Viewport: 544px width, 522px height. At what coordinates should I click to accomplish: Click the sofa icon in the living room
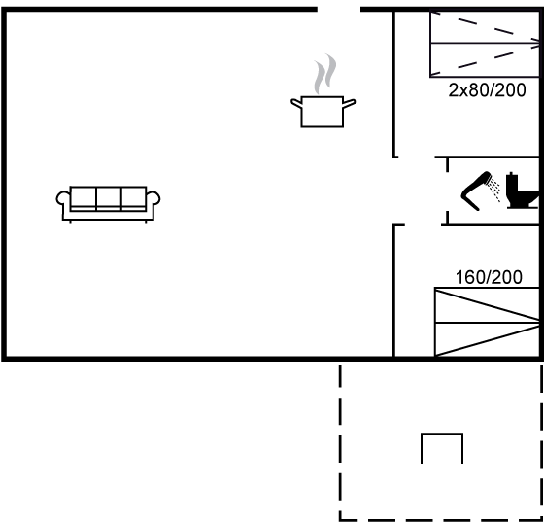click(108, 204)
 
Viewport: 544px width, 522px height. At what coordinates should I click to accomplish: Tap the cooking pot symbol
click(323, 112)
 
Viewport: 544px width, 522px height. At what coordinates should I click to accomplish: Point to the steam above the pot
click(325, 74)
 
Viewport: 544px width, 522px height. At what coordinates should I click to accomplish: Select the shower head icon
click(476, 191)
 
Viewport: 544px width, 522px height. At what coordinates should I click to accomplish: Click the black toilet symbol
click(523, 191)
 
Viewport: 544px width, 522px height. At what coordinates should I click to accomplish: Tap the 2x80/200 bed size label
click(487, 90)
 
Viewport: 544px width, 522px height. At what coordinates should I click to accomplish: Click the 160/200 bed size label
click(489, 277)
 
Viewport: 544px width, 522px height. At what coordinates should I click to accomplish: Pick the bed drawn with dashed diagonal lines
click(485, 44)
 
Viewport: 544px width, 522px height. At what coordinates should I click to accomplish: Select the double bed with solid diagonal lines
click(487, 322)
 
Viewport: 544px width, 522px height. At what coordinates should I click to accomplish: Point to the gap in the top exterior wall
click(339, 9)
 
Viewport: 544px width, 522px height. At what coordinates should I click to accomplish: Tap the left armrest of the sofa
click(63, 198)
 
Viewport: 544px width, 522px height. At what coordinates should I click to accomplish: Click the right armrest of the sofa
click(153, 198)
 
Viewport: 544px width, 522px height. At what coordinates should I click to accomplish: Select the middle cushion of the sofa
click(109, 198)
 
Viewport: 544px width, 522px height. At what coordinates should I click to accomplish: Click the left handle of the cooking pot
click(296, 103)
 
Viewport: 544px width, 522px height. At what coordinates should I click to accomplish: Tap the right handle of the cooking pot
click(349, 103)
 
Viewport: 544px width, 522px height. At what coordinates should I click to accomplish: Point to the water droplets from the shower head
click(494, 190)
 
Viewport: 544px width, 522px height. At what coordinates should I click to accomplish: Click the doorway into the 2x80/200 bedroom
click(417, 157)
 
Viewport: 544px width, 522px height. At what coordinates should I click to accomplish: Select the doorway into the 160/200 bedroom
click(423, 225)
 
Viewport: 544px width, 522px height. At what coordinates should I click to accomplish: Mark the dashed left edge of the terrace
click(340, 442)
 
